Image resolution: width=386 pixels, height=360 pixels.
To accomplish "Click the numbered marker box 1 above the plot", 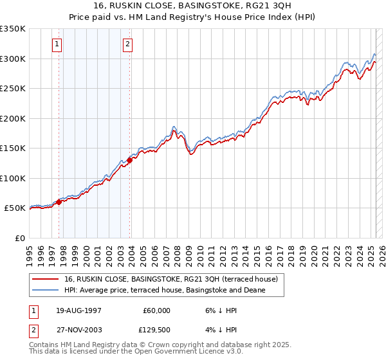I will point(57,44).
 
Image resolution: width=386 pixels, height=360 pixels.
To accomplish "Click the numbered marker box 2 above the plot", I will point(127,44).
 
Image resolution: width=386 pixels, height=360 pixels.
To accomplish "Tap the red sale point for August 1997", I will point(59,202).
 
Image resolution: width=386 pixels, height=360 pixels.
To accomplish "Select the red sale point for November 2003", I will point(129,161).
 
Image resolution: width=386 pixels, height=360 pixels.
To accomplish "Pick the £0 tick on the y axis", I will point(19,238).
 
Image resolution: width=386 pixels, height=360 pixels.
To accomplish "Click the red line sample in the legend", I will point(46,280).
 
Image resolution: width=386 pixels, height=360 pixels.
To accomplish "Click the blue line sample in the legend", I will point(46,291).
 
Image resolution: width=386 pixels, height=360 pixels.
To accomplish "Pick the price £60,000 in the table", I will point(156,310).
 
